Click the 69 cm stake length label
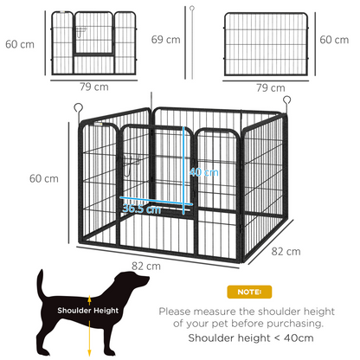tap(165, 40)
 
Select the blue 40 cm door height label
tap(204, 172)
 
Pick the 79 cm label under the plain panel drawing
tap(271, 87)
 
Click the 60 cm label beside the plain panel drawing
tap(333, 40)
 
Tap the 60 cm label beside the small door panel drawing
tap(19, 43)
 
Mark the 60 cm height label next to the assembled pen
tap(44, 178)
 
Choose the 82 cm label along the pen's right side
tap(286, 252)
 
